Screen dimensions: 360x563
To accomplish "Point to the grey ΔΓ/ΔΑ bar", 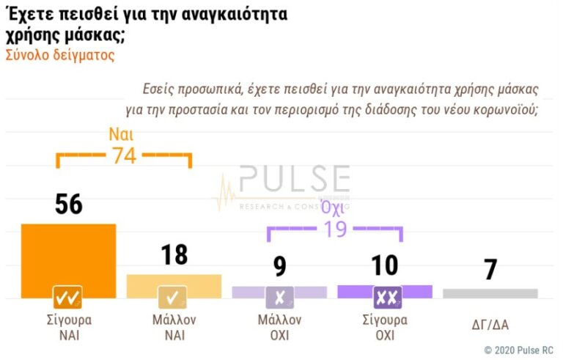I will point(490,293).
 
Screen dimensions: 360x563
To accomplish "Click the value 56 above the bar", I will point(68,205).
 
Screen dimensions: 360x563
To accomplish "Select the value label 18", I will point(174,255).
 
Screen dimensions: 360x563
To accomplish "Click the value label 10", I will point(384,265).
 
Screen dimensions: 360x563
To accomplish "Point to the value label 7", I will point(490,270).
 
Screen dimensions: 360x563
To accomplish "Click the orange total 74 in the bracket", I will point(123,155).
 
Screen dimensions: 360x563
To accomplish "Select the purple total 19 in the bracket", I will point(334,229).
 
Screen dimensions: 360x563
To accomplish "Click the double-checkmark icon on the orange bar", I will point(67,297).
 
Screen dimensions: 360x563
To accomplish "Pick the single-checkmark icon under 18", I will point(173,297).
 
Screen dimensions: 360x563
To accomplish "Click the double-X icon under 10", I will point(386,297).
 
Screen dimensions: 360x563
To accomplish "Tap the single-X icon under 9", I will point(279,297).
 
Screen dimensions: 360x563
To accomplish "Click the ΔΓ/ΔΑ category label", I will point(490,323).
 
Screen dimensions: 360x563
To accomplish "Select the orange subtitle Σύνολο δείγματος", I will point(60,55).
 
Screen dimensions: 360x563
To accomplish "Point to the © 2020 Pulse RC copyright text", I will point(518,350).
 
